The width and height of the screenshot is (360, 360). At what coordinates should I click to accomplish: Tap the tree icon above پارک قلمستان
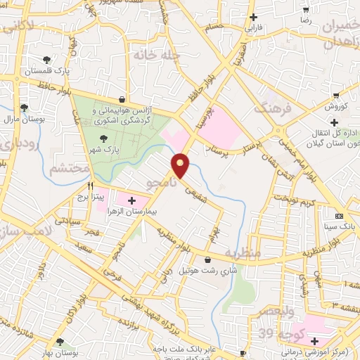(x=46, y=60)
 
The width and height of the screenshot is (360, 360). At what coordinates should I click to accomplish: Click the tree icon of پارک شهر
(x=104, y=139)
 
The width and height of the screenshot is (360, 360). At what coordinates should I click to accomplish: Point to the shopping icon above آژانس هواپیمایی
(x=124, y=99)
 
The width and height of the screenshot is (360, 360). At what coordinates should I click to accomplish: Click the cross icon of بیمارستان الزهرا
(x=131, y=200)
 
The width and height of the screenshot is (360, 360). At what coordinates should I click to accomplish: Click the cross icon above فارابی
(x=254, y=17)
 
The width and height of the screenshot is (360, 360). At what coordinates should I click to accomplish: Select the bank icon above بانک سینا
(x=340, y=216)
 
